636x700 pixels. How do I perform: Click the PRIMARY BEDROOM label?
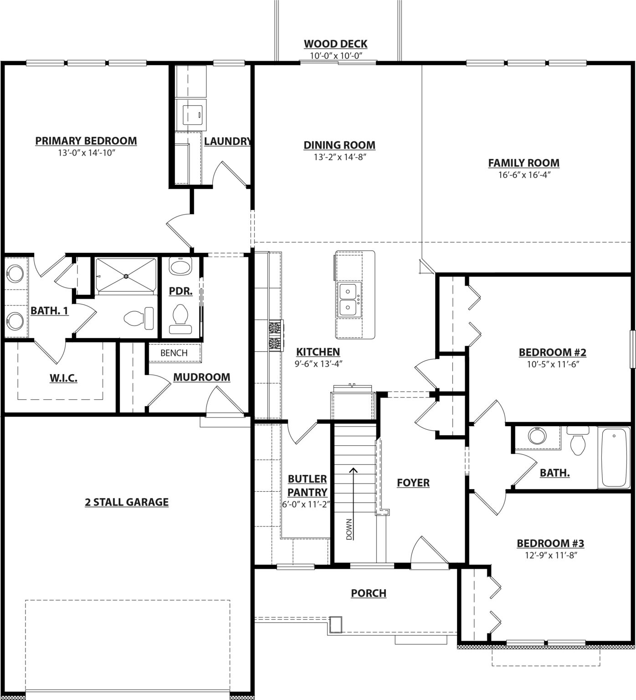(x=86, y=141)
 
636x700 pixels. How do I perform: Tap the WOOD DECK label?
(x=336, y=44)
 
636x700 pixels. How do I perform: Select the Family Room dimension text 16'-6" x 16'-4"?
(x=524, y=175)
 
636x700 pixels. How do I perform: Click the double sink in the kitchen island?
(x=349, y=299)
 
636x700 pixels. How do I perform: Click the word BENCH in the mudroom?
(x=174, y=353)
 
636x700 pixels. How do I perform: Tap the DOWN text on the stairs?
(x=349, y=529)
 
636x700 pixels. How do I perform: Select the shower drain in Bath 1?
(x=126, y=276)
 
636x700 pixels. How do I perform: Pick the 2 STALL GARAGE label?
(x=127, y=502)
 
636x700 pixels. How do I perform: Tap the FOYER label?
(x=413, y=483)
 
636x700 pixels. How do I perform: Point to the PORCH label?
(x=369, y=593)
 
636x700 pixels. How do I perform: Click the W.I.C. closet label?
(x=63, y=378)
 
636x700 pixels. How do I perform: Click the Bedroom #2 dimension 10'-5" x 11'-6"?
(x=552, y=364)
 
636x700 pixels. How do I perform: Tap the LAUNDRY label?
(x=227, y=141)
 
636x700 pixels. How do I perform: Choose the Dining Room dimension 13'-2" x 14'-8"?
(x=340, y=157)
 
